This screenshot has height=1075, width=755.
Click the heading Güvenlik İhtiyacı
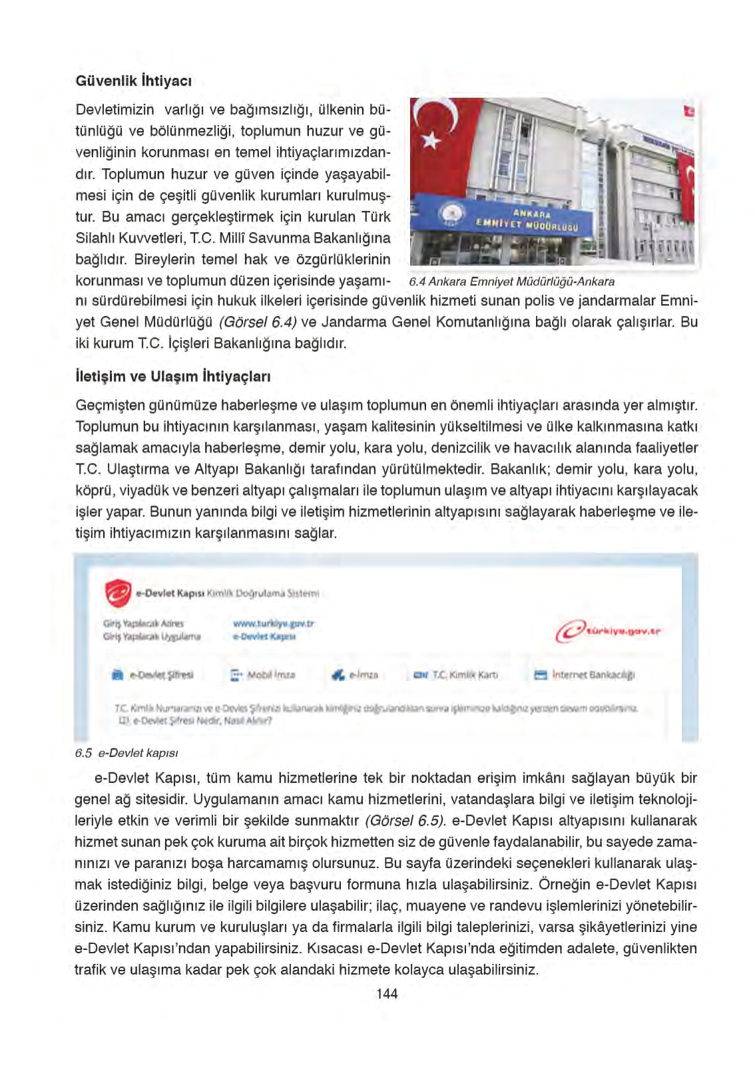(133, 81)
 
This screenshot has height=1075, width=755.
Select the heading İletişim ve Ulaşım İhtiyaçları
(172, 377)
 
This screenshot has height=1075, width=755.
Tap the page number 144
(387, 993)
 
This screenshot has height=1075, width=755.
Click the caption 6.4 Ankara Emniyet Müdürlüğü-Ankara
(511, 281)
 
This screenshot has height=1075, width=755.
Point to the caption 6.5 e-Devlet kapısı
(126, 753)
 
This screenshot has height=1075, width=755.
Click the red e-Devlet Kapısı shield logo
(119, 593)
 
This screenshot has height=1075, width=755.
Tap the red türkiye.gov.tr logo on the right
(608, 631)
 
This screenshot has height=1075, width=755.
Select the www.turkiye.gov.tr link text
(273, 623)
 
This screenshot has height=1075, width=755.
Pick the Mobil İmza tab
(263, 675)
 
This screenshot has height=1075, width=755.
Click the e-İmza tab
(356, 675)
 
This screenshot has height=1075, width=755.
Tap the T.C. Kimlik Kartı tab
(456, 675)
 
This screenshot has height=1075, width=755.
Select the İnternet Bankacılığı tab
(585, 675)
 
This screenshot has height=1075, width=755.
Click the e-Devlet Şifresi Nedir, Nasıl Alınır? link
(200, 720)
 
